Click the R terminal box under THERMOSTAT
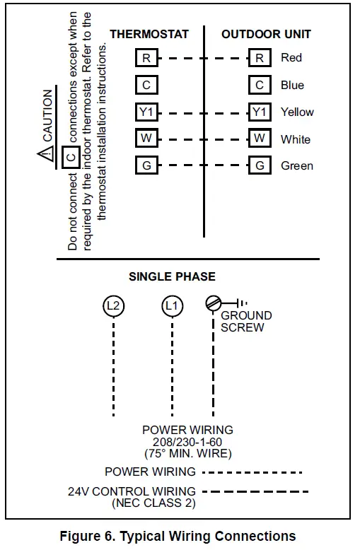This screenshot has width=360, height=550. (x=146, y=58)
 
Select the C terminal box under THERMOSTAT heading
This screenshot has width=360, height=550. (x=146, y=85)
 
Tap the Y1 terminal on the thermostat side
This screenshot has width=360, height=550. (x=146, y=112)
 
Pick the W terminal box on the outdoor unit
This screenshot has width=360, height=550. (x=260, y=139)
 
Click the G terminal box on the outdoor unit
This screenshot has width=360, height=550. (x=260, y=165)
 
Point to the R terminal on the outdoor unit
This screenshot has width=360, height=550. (x=260, y=58)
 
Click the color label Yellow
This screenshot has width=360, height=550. (x=297, y=112)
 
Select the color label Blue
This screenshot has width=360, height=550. (x=292, y=85)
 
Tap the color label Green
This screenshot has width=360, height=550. (x=296, y=165)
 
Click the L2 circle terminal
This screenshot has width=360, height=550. (x=113, y=305)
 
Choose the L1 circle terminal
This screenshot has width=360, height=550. (x=171, y=305)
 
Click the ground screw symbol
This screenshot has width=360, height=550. (x=213, y=303)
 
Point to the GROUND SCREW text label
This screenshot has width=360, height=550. (x=245, y=322)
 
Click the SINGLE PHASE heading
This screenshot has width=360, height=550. (x=172, y=276)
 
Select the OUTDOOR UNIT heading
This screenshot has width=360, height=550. (x=266, y=34)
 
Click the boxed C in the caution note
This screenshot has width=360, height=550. (x=71, y=156)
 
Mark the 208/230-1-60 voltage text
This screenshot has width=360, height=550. (x=187, y=442)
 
